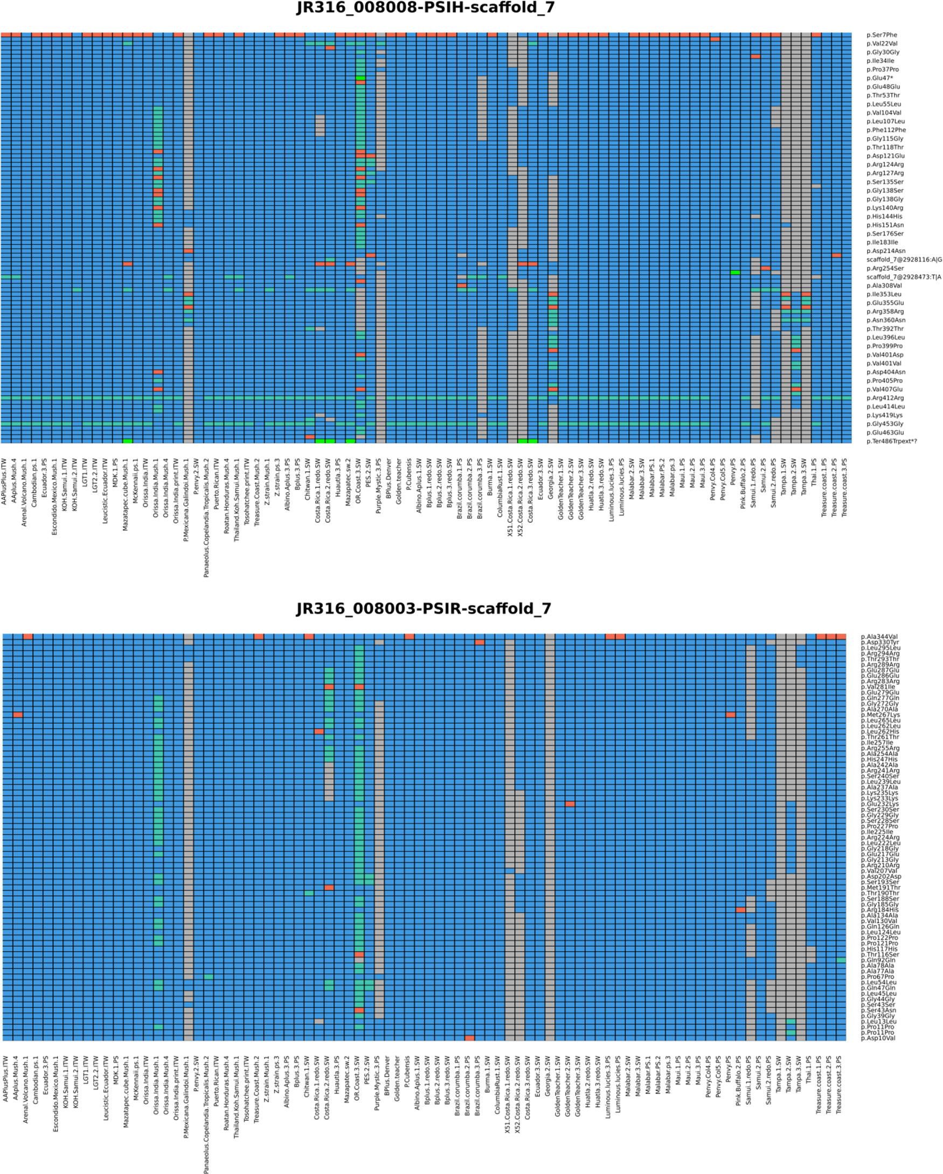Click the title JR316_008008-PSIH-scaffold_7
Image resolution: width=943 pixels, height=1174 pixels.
426,8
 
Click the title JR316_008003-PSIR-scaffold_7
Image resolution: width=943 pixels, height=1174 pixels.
424,609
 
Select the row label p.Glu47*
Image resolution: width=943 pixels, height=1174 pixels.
879,79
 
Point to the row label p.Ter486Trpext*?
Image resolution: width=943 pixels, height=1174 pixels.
891,442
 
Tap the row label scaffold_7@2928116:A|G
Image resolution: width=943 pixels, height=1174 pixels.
903,260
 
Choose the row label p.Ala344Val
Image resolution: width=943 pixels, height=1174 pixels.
879,637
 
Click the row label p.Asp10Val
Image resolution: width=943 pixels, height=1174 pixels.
878,1038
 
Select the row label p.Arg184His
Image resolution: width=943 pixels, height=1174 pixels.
879,910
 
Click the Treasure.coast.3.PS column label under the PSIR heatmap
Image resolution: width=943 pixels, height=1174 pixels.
839,1084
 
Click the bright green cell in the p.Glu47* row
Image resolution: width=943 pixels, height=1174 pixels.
360,79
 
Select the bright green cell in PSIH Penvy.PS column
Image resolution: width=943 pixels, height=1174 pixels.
735,272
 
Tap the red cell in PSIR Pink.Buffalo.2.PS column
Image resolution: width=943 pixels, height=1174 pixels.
740,910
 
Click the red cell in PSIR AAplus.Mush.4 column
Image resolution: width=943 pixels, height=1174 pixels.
17,715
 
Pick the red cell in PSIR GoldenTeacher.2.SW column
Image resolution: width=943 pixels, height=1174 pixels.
570,803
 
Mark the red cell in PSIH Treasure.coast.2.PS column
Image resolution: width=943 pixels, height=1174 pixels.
836,255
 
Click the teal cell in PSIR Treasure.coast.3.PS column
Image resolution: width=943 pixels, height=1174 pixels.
841,960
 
